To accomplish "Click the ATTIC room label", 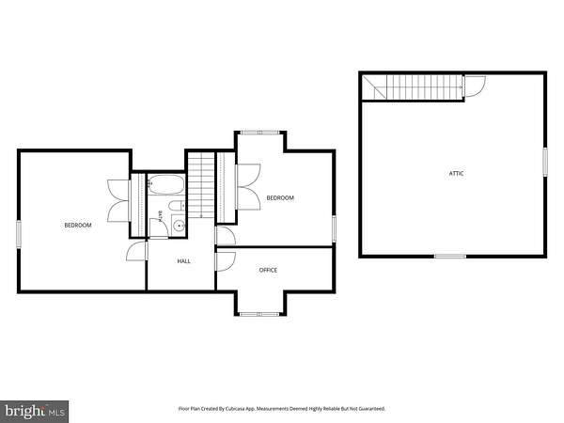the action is click(456, 173).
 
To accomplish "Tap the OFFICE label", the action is click(268, 270).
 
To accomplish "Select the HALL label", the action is click(184, 261).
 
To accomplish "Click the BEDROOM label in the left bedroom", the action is click(78, 226).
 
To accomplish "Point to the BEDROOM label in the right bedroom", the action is click(280, 197).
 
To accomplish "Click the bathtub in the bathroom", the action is click(166, 185).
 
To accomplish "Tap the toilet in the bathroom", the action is click(177, 206).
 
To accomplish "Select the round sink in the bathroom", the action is click(179, 226).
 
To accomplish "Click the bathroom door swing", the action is click(158, 227).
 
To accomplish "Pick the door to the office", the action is click(226, 261).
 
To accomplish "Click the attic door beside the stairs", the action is click(475, 86).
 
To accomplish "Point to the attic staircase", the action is click(413, 87).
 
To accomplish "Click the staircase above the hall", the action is click(201, 185).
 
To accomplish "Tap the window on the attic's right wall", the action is click(545, 163).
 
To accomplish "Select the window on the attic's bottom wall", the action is click(450, 256).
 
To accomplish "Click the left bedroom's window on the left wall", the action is click(19, 234).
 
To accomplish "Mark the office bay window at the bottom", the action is click(259, 314).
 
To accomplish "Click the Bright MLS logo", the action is click(34, 412).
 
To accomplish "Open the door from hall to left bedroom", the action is click(137, 251).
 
